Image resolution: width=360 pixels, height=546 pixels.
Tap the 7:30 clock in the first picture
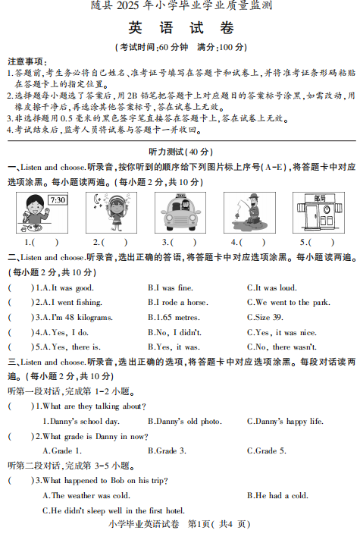click(x=57, y=201)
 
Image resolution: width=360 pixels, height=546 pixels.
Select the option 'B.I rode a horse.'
click(x=177, y=302)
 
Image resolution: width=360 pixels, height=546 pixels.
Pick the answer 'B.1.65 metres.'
click(x=173, y=317)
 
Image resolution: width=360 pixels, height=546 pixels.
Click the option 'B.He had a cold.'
click(x=277, y=495)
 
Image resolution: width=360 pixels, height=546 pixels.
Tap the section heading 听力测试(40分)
click(x=180, y=151)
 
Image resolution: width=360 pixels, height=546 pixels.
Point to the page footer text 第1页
click(x=199, y=524)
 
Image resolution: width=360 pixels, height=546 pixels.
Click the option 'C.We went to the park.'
click(x=289, y=302)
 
